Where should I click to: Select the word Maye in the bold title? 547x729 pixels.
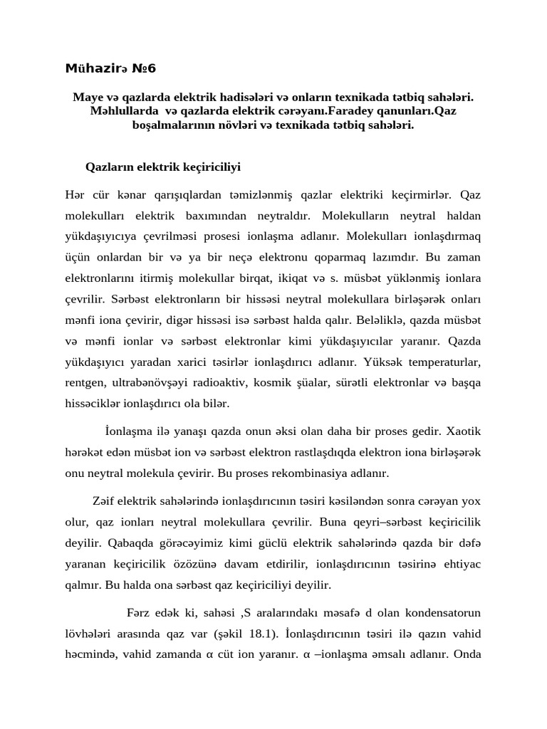[87, 96]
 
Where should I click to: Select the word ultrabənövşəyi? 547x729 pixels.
[147, 383]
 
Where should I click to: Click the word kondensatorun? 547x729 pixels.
[447, 613]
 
